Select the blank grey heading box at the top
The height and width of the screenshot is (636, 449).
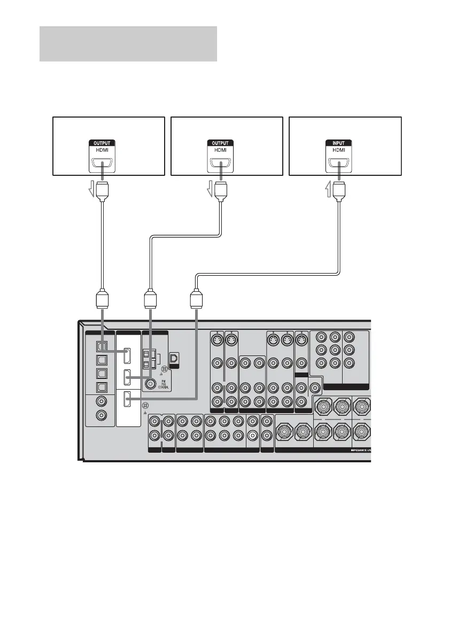(x=128, y=43)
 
